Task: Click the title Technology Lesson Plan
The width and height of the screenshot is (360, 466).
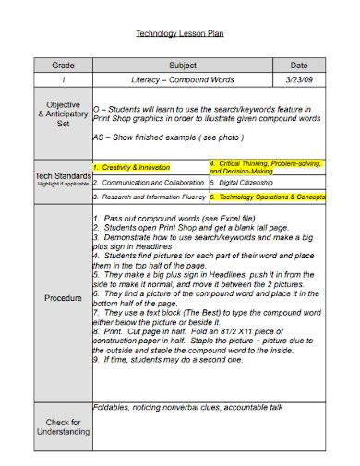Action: coord(180,33)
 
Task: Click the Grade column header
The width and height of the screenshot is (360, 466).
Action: coord(63,66)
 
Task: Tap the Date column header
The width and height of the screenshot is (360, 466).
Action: coord(299,66)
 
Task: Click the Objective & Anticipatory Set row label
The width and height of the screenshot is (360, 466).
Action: coord(63,114)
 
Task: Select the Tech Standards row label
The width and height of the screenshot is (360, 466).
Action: coord(63,179)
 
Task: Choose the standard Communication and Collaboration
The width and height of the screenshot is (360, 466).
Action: coord(150,182)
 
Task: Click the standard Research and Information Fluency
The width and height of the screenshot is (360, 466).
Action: coord(150,197)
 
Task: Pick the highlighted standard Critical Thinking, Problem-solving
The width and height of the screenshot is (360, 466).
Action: coord(266,167)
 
